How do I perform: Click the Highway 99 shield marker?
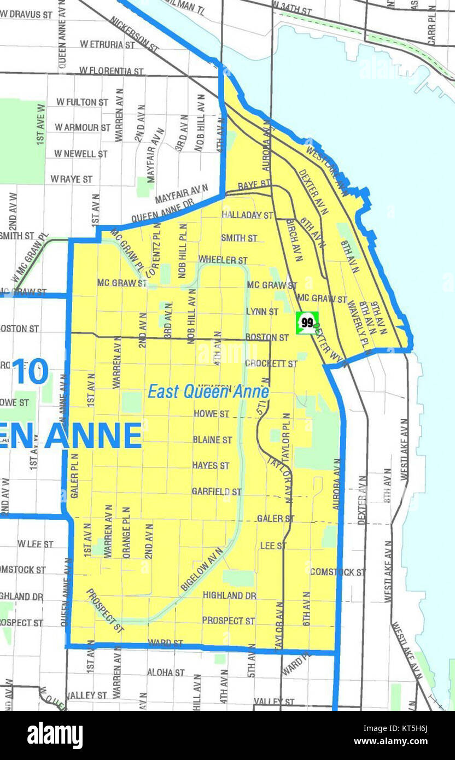(x=307, y=323)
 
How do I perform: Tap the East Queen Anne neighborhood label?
(x=208, y=392)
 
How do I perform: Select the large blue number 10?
(x=31, y=371)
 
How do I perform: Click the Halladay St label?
(x=247, y=215)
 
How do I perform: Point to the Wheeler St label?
(x=223, y=260)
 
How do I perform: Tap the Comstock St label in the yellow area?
(x=337, y=572)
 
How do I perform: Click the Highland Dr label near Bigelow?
(x=229, y=595)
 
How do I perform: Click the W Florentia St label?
(x=111, y=71)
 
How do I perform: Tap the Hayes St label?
(x=211, y=465)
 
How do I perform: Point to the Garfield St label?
(x=217, y=492)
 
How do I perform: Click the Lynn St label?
(x=262, y=311)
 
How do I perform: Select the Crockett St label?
(x=271, y=363)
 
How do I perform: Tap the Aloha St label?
(x=166, y=672)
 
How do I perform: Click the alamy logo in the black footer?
(x=55, y=735)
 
